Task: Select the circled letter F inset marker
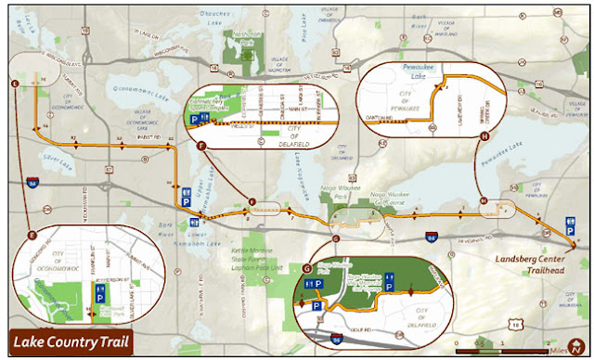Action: [x=200, y=146]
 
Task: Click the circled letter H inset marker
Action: [x=484, y=136]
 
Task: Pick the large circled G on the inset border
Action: [x=308, y=268]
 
